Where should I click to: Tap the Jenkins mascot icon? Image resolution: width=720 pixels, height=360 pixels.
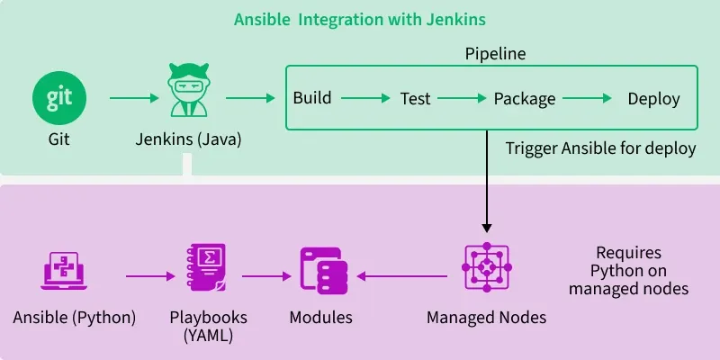pyautogui.click(x=188, y=95)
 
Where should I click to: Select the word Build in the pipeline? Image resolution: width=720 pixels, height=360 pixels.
pyautogui.click(x=312, y=98)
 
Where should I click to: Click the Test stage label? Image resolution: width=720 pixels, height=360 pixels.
pyautogui.click(x=416, y=98)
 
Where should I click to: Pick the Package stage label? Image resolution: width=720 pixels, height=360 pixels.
pyautogui.click(x=525, y=98)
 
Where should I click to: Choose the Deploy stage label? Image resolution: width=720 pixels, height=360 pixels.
pyautogui.click(x=653, y=98)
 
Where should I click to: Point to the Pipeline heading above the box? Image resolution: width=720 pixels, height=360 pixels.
pyautogui.click(x=495, y=54)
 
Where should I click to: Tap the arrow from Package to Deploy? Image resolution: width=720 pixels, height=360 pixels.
pyautogui.click(x=586, y=97)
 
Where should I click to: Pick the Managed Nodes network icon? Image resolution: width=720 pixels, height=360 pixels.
pyautogui.click(x=486, y=268)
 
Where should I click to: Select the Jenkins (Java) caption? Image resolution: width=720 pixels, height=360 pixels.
pyautogui.click(x=188, y=139)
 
